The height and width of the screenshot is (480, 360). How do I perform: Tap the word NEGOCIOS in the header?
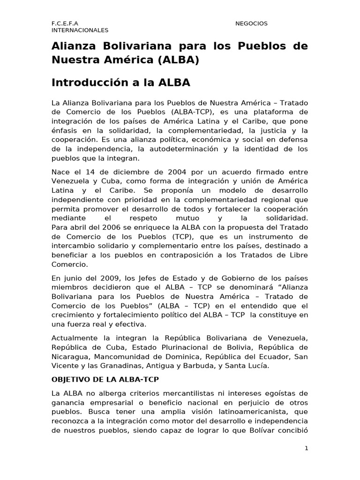251,23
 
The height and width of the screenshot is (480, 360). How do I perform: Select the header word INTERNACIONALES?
80,30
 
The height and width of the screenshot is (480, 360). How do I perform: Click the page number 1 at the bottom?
306,448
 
